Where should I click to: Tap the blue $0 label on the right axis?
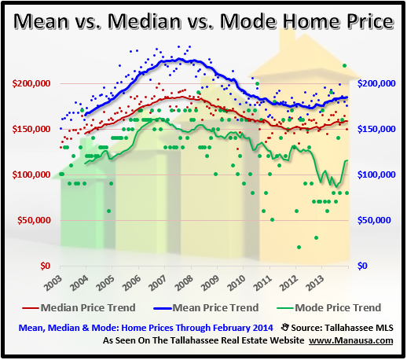click(x=362, y=266)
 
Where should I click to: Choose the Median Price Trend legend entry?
click(x=91, y=307)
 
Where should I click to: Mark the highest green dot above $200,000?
click(x=344, y=66)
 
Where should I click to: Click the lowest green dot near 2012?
click(x=299, y=247)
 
